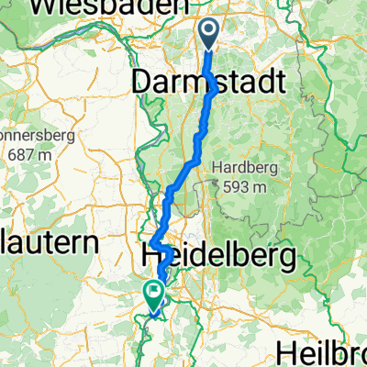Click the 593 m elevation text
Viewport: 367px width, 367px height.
(244, 188)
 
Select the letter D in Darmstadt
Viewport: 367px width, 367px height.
(142, 83)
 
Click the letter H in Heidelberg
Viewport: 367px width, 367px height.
(153, 255)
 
